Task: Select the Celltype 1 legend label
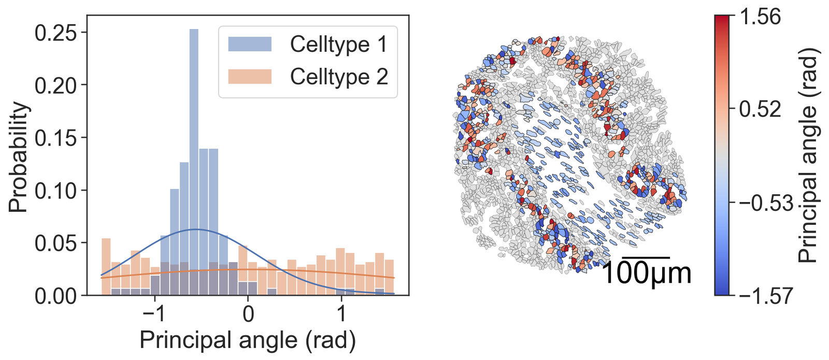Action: coord(338,45)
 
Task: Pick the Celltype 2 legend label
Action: coord(338,77)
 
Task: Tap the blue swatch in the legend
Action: coord(250,45)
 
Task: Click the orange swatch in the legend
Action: coord(250,77)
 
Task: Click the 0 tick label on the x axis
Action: coord(248,314)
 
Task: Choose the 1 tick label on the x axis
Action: coord(341,314)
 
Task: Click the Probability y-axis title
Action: coord(19,157)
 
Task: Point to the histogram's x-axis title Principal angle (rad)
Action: coord(248,340)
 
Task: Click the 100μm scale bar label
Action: coord(646,273)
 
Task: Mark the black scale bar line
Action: coord(646,257)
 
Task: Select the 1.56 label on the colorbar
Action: coord(760,17)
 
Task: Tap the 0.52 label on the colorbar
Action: coord(760,110)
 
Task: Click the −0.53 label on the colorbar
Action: coord(765,203)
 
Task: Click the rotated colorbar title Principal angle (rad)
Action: coord(808,155)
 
